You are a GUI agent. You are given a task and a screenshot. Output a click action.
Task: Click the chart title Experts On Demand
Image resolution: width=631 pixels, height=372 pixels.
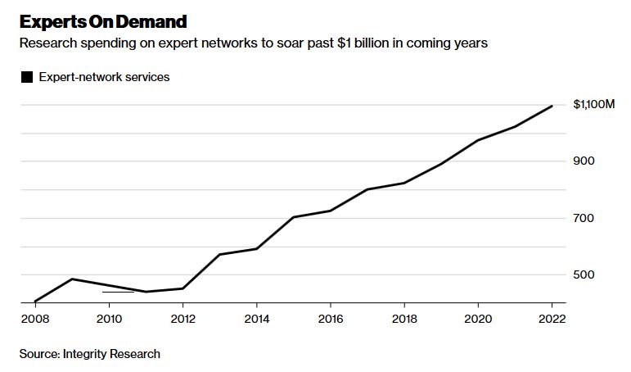click(103, 21)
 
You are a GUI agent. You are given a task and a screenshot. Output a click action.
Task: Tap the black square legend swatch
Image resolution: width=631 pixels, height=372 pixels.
click(27, 77)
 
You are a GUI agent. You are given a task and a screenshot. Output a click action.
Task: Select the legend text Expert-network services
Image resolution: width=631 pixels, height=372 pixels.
click(104, 77)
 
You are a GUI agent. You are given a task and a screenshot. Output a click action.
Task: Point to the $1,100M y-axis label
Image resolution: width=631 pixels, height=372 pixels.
click(593, 104)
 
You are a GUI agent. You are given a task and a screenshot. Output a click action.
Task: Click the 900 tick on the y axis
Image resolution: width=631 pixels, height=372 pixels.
click(584, 161)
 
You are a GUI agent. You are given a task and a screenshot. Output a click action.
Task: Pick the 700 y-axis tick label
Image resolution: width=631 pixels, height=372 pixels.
click(584, 218)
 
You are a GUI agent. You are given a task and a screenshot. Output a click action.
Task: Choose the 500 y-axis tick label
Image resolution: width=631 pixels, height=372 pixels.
click(584, 274)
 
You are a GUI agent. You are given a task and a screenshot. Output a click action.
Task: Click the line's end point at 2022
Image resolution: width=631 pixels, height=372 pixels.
click(552, 106)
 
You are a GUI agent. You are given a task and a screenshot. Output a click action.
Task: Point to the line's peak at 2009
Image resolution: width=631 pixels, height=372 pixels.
click(72, 279)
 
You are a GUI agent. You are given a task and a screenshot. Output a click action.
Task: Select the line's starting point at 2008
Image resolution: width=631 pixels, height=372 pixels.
click(35, 302)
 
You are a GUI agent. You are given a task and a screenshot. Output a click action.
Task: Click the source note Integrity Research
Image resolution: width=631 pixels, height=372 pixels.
click(90, 354)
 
